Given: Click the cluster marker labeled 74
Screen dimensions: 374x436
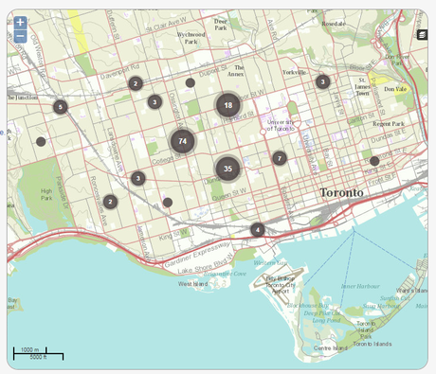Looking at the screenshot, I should pos(182,141).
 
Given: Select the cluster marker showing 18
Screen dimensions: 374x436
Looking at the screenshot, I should pos(227,105).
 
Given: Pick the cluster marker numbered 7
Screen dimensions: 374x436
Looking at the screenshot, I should pos(279,158).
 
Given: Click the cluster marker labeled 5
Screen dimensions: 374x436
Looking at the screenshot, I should pos(61,107).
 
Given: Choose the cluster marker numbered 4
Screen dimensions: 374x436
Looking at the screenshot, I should pos(257,229).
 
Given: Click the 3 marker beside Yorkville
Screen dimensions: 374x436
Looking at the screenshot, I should pos(322,82).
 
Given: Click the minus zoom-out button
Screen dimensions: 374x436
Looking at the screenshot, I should pos(20,37).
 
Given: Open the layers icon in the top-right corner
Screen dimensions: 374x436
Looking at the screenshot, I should pos(422,35).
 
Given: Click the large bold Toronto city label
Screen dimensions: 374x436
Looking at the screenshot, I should pos(341,192).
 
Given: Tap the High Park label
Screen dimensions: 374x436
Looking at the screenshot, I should pos(46,194).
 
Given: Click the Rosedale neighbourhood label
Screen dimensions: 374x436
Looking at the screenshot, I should pos(333,23).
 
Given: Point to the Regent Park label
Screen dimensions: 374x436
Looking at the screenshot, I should pos(388,124).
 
